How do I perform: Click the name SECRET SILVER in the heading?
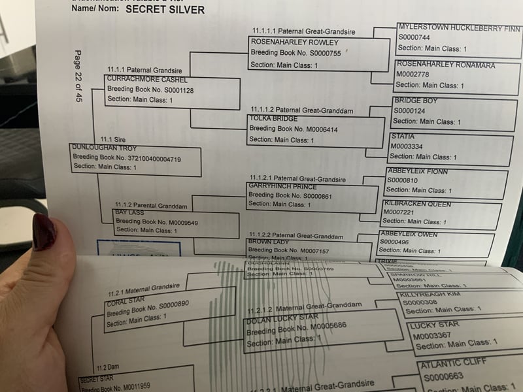click(x=165, y=10)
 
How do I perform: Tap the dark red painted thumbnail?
click(x=45, y=232)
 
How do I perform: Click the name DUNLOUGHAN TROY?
click(x=105, y=148)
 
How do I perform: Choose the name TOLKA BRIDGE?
click(x=273, y=119)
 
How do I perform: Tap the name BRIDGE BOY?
click(x=416, y=101)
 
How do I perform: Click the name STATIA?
click(x=402, y=137)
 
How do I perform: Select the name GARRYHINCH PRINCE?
click(x=282, y=186)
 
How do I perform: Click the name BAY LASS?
click(x=129, y=213)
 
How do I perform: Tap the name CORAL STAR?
click(x=129, y=301)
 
